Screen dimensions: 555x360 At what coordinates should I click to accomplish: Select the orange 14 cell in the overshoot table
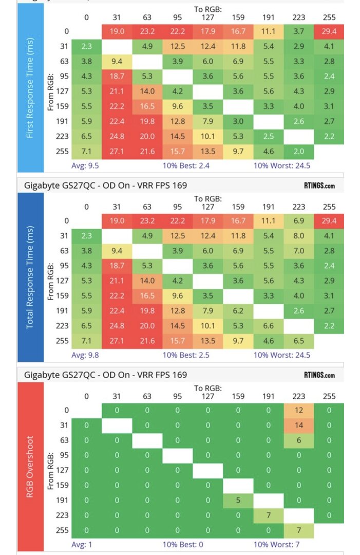coord(298,425)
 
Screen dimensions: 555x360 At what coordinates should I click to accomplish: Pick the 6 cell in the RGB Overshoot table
coord(298,440)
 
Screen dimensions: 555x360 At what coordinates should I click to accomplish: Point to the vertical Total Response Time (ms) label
coord(31,277)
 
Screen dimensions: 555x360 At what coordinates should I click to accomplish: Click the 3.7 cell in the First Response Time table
coord(298,32)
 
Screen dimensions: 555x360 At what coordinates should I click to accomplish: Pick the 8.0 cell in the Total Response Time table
coord(298,236)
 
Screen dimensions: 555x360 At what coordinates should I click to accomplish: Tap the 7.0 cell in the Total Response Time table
coord(298,251)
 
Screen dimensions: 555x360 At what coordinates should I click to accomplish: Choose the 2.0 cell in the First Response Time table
coord(298,151)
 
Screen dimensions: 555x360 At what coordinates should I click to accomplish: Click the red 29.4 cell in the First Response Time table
coord(329,32)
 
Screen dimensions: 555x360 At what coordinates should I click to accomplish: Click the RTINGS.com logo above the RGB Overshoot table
coord(319,375)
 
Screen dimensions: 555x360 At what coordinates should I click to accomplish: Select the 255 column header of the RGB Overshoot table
coord(329,396)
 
